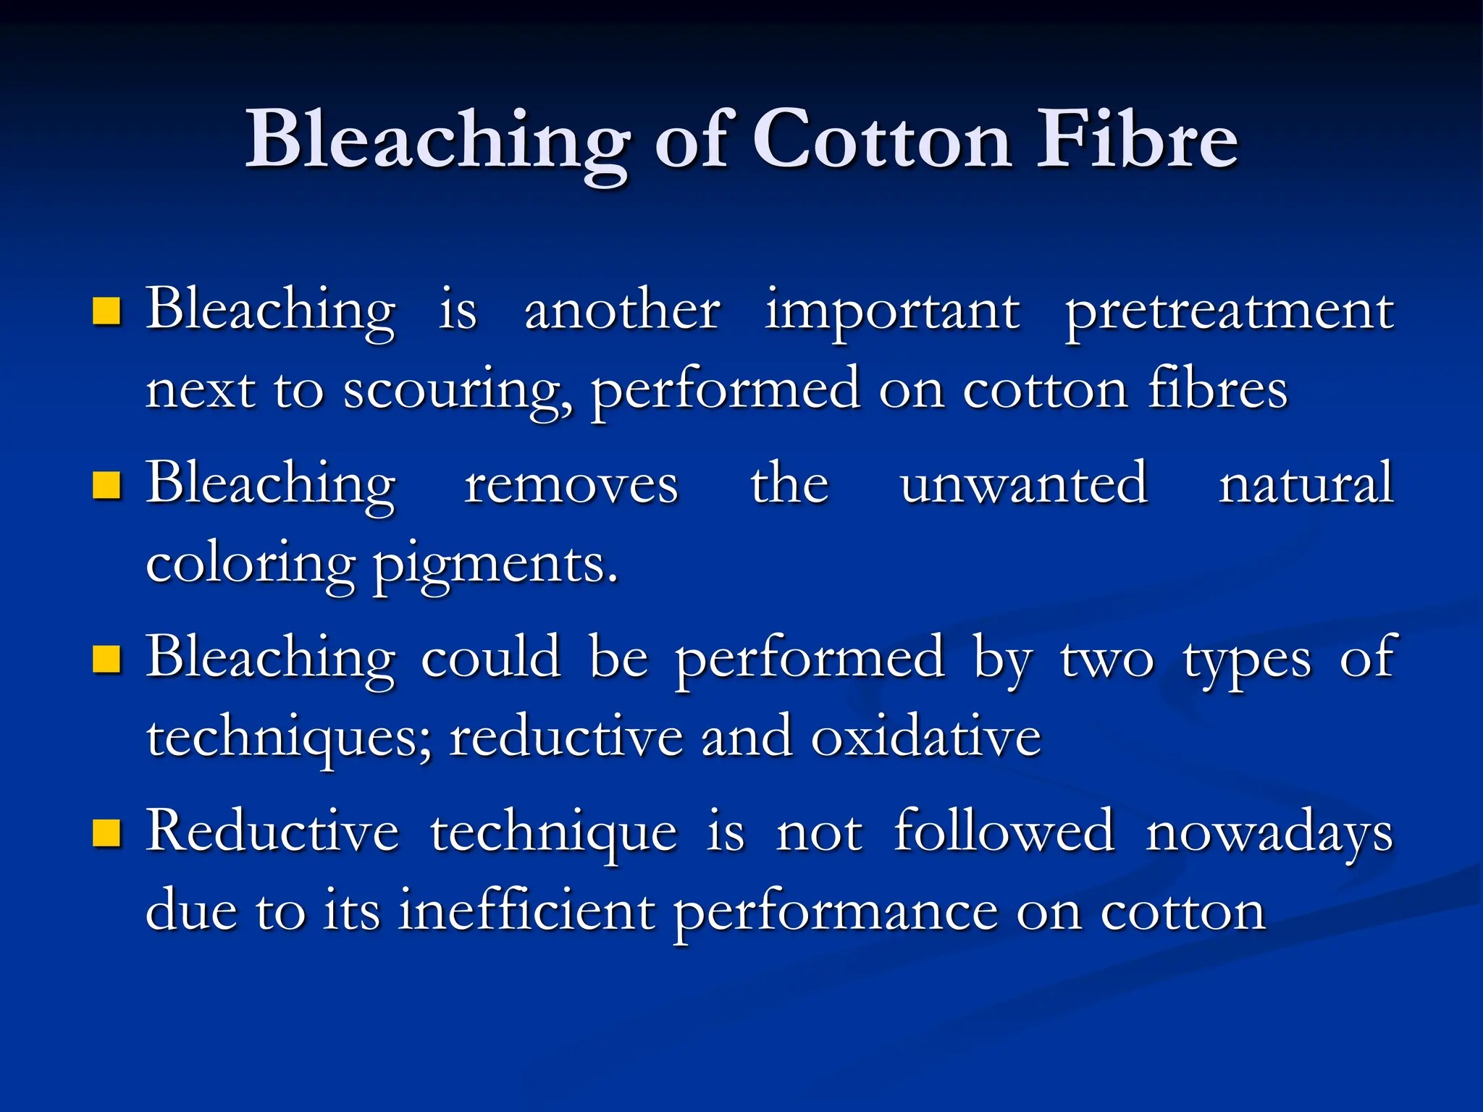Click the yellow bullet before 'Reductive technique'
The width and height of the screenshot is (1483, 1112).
(x=106, y=833)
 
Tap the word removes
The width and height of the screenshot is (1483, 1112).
(x=571, y=484)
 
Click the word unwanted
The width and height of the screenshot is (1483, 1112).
(x=1023, y=484)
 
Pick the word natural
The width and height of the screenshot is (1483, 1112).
(x=1306, y=484)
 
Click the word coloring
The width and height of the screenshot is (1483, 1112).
(x=251, y=565)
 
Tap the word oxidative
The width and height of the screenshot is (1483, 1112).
(x=925, y=738)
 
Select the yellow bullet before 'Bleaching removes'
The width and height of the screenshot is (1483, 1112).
(x=106, y=486)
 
